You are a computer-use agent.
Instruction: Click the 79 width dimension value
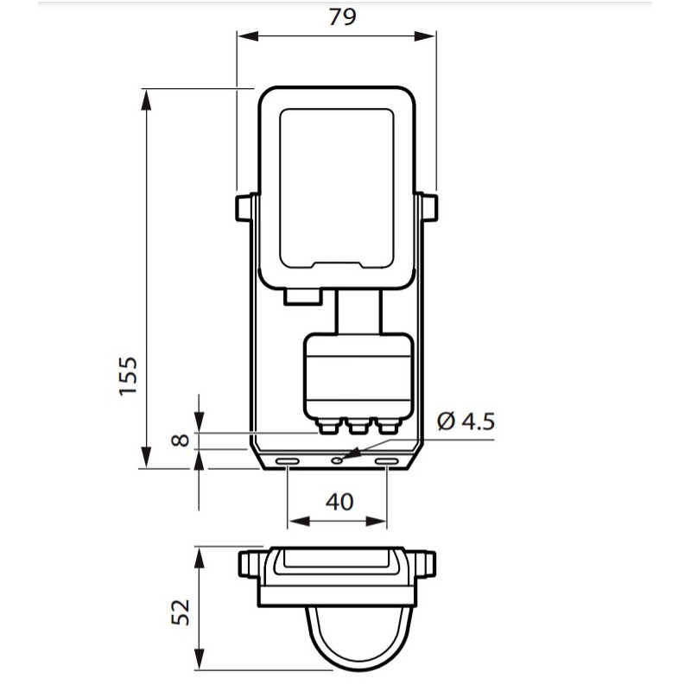click(342, 17)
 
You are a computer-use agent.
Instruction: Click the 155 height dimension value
click(128, 375)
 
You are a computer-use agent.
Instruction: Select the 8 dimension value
click(180, 439)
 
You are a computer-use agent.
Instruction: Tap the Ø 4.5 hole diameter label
click(466, 422)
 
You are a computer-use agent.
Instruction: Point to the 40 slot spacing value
click(339, 502)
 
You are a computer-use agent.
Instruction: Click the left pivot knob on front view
click(244, 207)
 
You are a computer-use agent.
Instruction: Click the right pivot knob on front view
click(428, 207)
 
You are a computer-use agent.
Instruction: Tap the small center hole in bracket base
click(338, 460)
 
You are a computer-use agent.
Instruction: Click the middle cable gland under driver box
click(357, 425)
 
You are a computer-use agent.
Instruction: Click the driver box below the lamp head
click(356, 376)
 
